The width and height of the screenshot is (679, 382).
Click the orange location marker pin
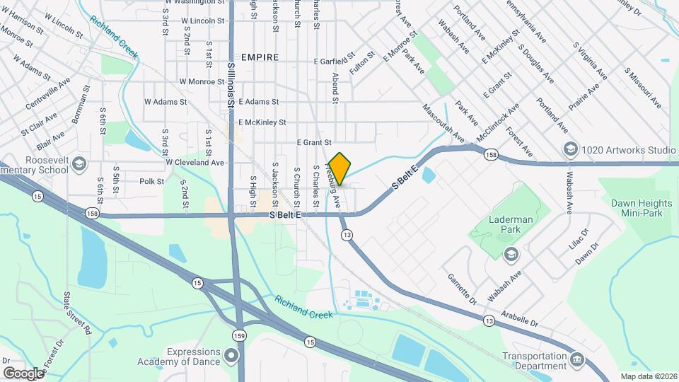[340, 168]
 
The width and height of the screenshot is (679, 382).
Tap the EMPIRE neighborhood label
[260, 57]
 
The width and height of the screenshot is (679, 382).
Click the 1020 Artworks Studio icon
[570, 149]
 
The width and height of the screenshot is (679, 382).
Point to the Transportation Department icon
[578, 359]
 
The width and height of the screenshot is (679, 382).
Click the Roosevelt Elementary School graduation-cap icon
[79, 165]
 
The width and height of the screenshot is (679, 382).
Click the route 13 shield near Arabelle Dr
[489, 321]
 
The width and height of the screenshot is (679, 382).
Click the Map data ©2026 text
[648, 376]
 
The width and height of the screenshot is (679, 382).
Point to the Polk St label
[151, 181]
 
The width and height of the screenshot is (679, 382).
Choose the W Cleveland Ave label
[195, 162]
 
